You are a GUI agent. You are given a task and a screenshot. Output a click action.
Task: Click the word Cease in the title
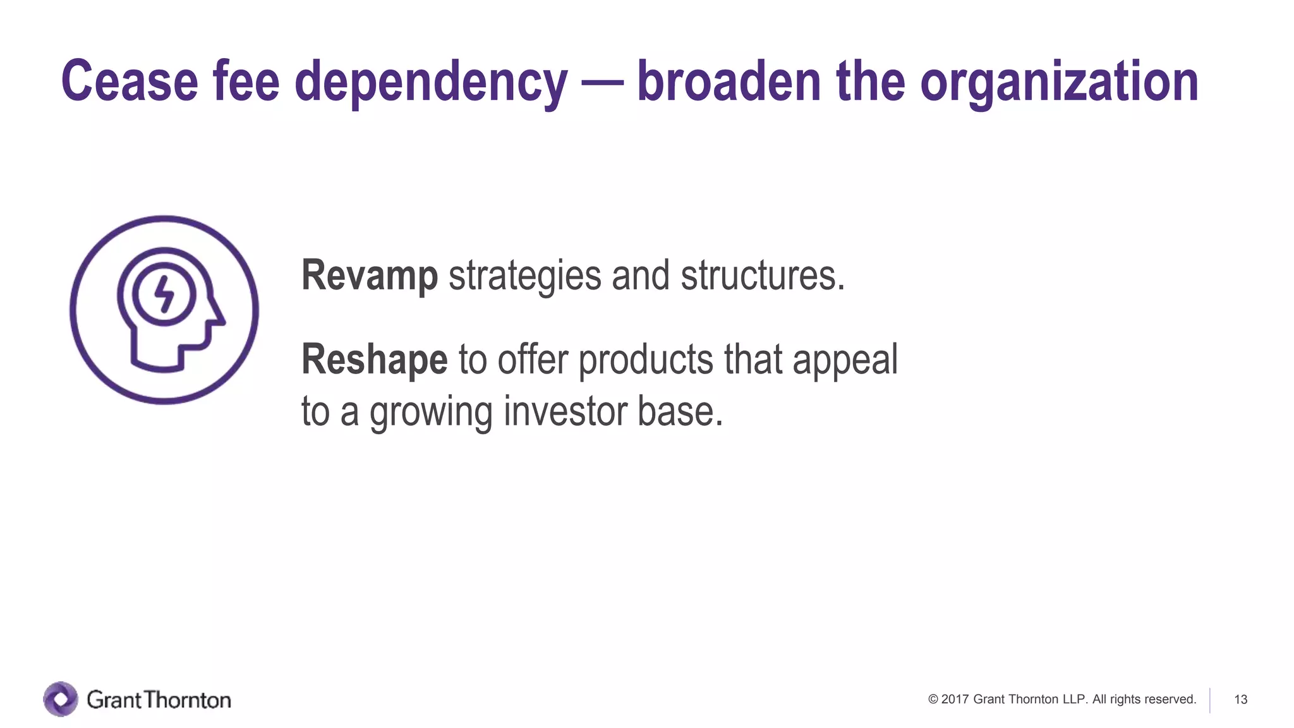click(x=129, y=81)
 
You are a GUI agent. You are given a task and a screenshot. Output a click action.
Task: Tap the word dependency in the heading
click(x=431, y=82)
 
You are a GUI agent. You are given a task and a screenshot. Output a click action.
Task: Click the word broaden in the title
click(x=729, y=81)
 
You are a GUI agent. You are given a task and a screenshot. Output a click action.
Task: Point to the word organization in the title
click(x=1059, y=82)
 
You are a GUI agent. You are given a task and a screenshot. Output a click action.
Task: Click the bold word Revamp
click(x=370, y=276)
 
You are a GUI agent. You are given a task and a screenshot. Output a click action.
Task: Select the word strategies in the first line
click(x=524, y=276)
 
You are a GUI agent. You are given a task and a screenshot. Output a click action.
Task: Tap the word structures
click(x=762, y=276)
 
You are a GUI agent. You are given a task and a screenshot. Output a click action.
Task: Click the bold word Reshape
click(x=374, y=359)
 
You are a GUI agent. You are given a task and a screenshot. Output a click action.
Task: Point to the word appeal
click(x=845, y=360)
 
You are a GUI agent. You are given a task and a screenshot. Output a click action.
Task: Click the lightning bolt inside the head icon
click(x=164, y=294)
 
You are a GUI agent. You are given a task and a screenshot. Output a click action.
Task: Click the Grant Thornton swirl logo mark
click(x=61, y=699)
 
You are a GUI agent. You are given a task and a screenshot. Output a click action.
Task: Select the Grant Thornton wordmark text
click(x=159, y=700)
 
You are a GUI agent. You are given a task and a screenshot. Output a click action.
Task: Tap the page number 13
click(x=1240, y=700)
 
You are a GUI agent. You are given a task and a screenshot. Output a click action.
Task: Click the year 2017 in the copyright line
click(x=955, y=700)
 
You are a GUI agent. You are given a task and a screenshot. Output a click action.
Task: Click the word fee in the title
click(x=246, y=81)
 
